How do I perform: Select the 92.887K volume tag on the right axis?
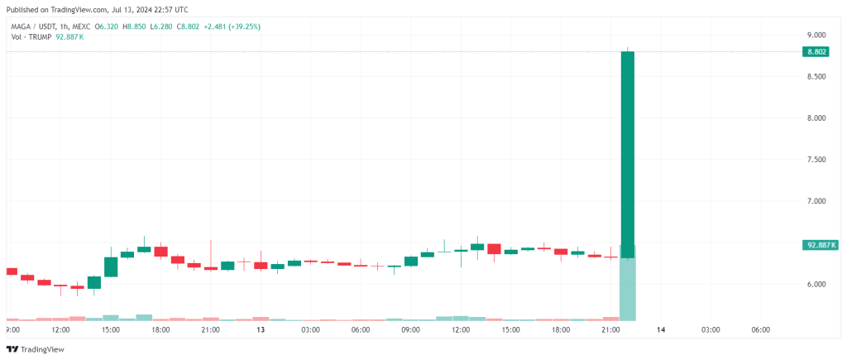[821, 245]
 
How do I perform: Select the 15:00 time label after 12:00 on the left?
[111, 329]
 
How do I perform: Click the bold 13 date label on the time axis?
[261, 329]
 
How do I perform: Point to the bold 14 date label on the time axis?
[661, 329]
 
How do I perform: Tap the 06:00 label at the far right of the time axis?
[761, 329]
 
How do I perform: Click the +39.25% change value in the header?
[237, 26]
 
